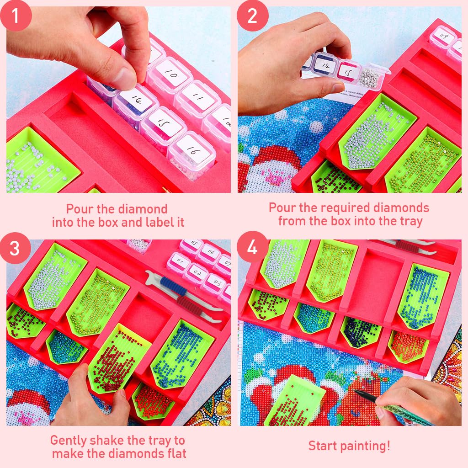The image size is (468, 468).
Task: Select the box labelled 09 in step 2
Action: (x=442, y=36)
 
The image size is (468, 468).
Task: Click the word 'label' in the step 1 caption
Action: (x=169, y=222)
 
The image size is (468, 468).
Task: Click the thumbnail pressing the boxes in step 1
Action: (x=124, y=78)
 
